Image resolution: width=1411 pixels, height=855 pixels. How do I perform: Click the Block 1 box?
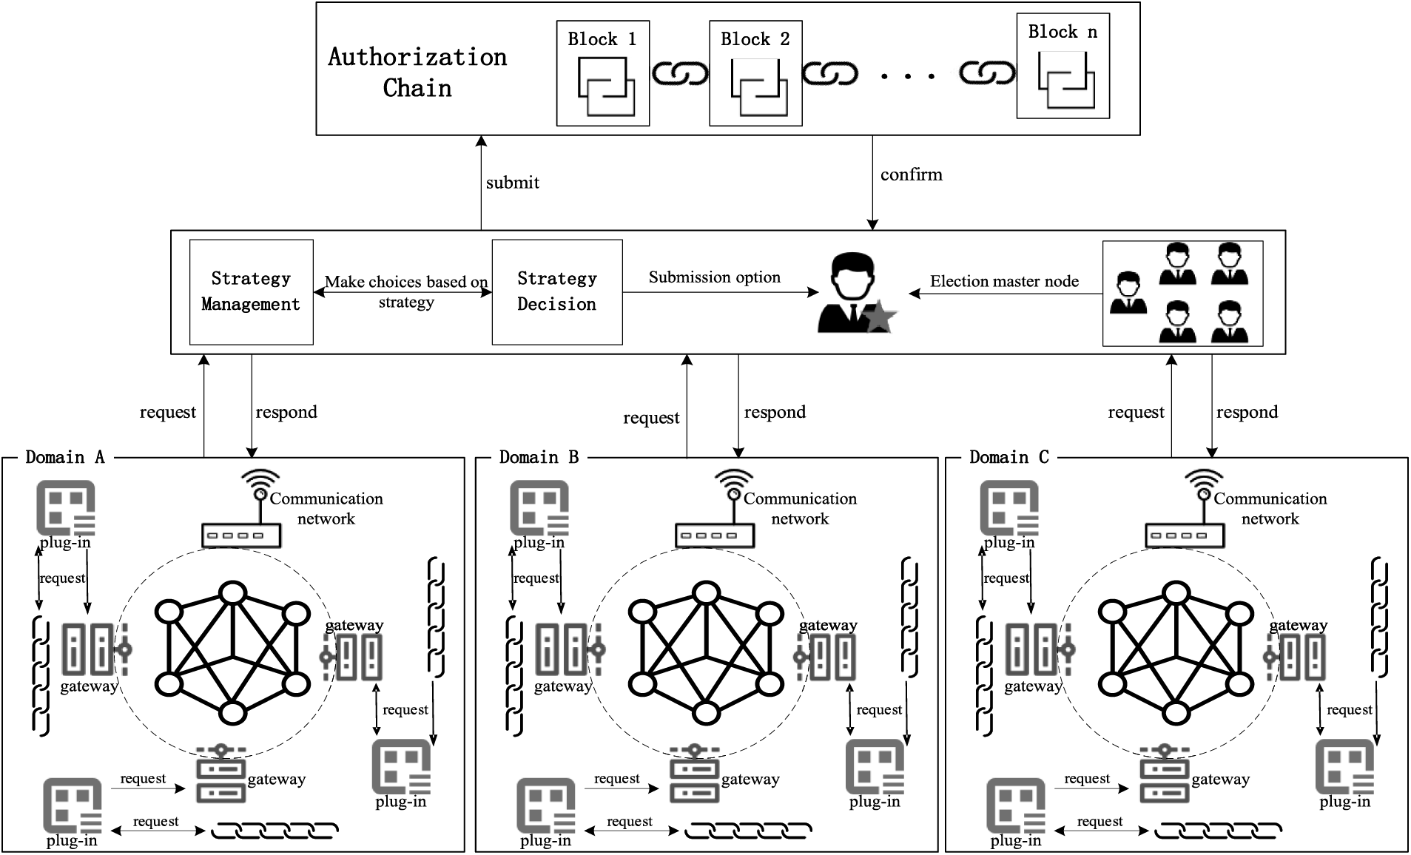pos(602,73)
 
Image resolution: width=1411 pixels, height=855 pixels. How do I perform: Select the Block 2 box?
pos(755,73)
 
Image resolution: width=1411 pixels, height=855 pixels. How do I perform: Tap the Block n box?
pos(1063,69)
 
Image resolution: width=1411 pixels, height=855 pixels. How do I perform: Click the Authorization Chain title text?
pos(417,72)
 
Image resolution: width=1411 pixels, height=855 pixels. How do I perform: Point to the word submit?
pos(512,183)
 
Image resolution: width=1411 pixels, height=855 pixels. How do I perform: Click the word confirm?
pos(911,175)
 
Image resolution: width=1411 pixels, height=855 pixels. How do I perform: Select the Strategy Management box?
pos(251,291)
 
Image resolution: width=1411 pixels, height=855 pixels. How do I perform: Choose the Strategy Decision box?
pos(556,291)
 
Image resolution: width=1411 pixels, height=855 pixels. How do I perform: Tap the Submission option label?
pos(714,277)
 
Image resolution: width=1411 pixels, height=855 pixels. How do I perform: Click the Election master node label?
pos(1003,281)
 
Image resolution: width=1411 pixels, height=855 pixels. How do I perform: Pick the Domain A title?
pos(65,457)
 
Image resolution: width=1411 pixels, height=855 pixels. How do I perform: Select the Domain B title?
pos(539,457)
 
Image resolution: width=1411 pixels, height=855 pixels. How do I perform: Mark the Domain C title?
pos(1008,457)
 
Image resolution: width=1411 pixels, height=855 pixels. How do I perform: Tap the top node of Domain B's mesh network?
pos(707,593)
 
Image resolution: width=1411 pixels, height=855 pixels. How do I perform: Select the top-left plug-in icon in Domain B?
pos(539,508)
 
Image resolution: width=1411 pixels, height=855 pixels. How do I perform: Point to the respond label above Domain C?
pos(1247,412)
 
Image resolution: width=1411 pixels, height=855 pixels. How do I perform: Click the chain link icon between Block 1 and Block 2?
pos(679,73)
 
